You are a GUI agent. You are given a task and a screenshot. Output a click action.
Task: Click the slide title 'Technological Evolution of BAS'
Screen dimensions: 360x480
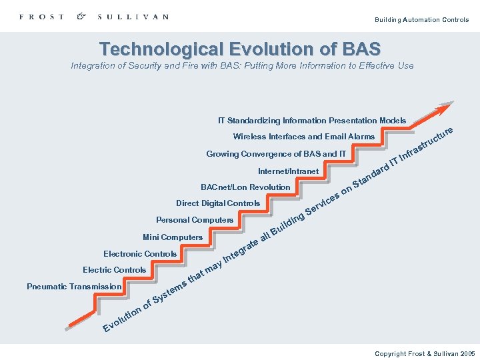point(240,49)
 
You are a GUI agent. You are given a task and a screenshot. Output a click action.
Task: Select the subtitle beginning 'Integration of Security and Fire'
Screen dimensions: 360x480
point(242,65)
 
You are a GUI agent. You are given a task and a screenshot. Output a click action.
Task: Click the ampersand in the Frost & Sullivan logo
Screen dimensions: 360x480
point(81,16)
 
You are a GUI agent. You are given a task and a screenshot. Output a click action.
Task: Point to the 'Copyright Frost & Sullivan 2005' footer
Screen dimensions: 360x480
point(425,353)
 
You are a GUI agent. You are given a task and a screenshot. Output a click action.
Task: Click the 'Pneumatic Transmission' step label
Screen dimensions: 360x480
point(74,287)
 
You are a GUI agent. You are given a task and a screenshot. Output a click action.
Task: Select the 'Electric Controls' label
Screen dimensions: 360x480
point(114,270)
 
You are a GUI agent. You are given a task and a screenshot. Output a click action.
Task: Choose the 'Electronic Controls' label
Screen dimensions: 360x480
point(140,254)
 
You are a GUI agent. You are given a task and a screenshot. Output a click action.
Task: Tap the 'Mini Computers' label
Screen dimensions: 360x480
point(172,237)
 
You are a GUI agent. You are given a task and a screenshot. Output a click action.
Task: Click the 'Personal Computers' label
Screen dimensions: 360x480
point(195,220)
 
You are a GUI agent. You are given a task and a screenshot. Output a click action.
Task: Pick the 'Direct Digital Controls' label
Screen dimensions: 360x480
point(218,203)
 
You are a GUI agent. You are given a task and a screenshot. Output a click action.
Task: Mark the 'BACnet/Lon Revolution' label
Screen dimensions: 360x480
point(245,187)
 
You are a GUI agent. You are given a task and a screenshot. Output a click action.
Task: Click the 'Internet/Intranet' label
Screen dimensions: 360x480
point(288,171)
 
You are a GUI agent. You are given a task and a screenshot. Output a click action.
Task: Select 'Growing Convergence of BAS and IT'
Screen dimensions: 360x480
point(276,154)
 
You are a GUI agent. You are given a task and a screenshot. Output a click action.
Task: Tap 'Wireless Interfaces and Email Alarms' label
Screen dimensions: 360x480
point(303,137)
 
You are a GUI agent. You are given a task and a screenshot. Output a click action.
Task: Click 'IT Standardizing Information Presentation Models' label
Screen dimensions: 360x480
point(312,121)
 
